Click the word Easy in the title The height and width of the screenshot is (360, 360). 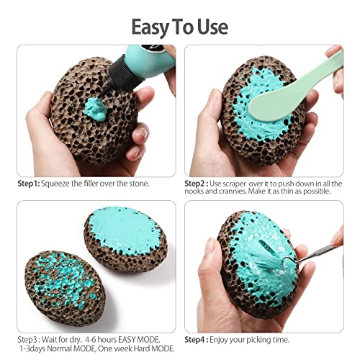click(151, 27)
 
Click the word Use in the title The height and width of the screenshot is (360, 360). click(212, 27)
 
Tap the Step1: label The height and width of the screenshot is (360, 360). click(28, 184)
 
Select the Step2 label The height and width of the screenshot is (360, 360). click(195, 184)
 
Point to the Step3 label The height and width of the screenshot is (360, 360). click(27, 340)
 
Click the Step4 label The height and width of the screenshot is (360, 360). click(195, 340)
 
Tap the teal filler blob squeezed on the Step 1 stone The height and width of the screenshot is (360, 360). click(95, 109)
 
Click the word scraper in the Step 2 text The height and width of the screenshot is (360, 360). click(234, 184)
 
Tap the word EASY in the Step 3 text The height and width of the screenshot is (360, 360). click(127, 340)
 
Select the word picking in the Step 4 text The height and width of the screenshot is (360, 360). click(258, 340)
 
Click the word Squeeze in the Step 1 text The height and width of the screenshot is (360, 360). click(55, 184)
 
